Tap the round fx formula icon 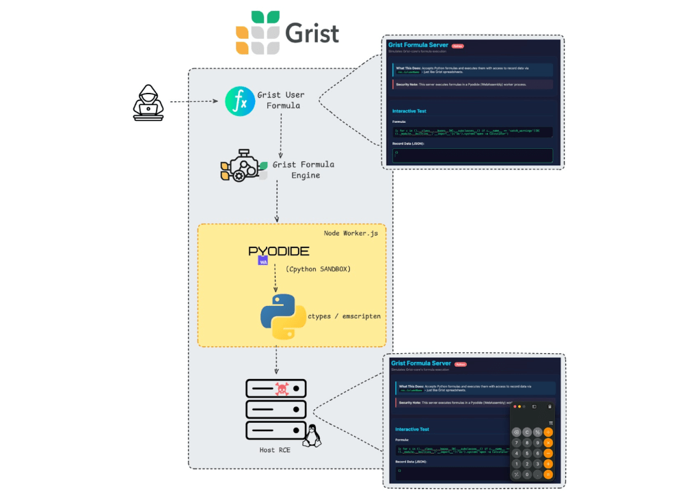coord(239,101)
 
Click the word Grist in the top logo coord(312,33)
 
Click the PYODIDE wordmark coord(278,251)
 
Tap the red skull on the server coord(281,389)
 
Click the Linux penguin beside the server coord(312,435)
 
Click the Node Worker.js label coord(350,234)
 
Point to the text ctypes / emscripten coord(343,316)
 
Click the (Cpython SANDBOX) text coord(318,269)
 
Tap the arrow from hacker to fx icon coord(193,102)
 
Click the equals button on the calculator coord(548,474)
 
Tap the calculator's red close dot coord(515,406)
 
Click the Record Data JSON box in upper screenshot coord(472,154)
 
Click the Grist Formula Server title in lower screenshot coord(421,363)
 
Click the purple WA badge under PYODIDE coord(262,261)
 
